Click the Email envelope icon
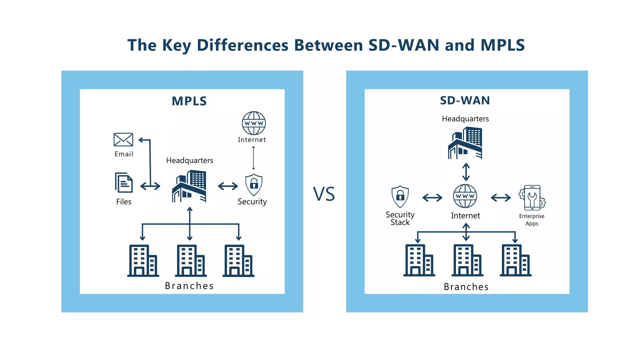click(123, 140)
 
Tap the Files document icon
click(124, 182)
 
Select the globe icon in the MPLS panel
click(254, 123)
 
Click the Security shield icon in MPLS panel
click(254, 185)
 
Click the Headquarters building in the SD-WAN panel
click(465, 143)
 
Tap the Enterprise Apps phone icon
click(532, 198)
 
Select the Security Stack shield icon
click(400, 197)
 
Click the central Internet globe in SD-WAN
click(465, 196)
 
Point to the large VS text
click(324, 194)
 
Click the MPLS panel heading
click(189, 101)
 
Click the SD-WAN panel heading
click(465, 100)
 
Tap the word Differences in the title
click(242, 45)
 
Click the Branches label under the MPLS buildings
click(189, 286)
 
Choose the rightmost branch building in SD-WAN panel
click(515, 260)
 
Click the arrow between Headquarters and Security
click(228, 186)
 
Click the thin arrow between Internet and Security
click(253, 158)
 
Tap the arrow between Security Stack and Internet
click(432, 198)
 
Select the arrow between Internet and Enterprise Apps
click(501, 198)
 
